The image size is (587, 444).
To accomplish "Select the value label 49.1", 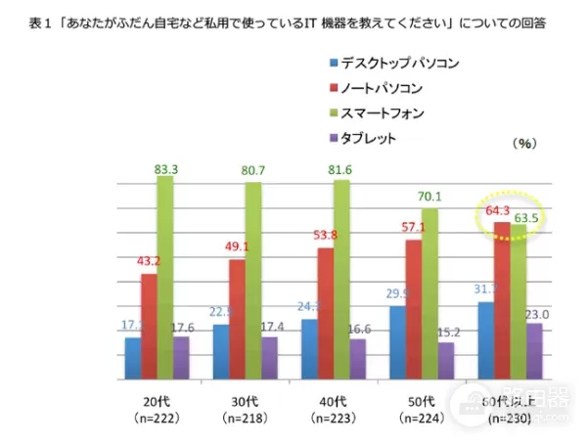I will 242,247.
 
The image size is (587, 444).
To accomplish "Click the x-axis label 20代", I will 151,401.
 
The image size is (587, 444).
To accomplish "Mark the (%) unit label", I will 525,144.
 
